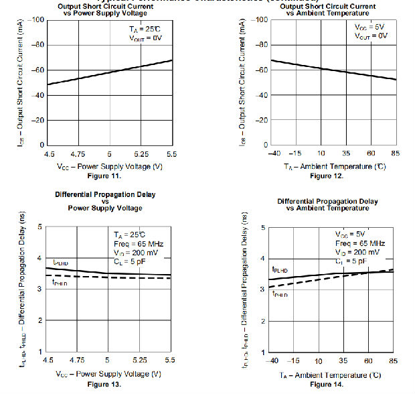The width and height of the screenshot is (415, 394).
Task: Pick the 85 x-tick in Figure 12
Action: coord(396,153)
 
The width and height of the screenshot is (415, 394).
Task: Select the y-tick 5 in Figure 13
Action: coord(40,226)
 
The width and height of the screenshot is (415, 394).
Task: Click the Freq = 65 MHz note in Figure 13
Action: coord(138,244)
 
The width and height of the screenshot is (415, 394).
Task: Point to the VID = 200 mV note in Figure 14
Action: coord(357,252)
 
